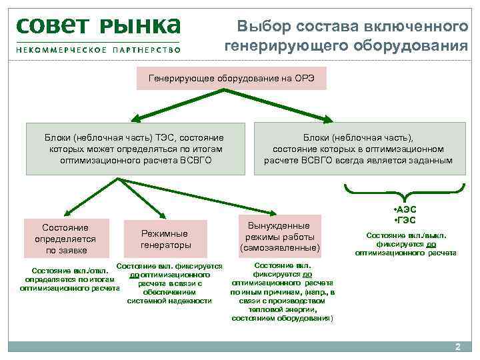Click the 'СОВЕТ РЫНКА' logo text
point(99,25)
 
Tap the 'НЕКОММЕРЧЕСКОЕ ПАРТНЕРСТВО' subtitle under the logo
point(99,50)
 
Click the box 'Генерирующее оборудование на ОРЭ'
point(231,78)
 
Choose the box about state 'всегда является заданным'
point(357,149)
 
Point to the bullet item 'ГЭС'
point(406,221)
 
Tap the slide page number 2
point(457,347)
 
